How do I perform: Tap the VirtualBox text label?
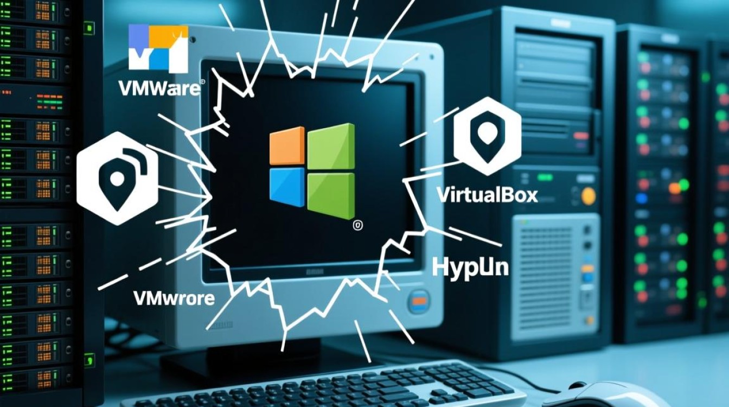click(x=487, y=194)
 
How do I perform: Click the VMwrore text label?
click(x=174, y=297)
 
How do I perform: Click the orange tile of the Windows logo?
click(x=287, y=146)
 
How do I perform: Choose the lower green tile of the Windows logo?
click(x=331, y=193)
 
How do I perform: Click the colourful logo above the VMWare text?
click(x=158, y=49)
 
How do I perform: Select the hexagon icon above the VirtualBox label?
click(x=487, y=136)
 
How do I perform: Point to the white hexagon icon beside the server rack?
click(x=117, y=179)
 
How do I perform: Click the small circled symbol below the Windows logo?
click(x=358, y=225)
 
